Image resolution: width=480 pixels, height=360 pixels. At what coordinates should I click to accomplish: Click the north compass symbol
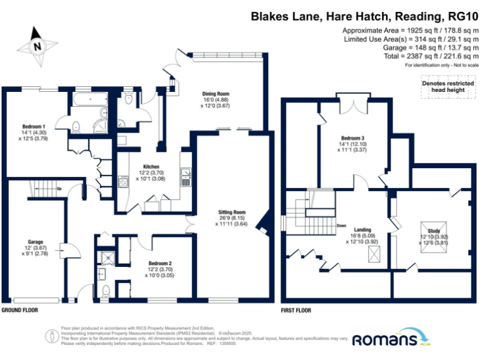pyautogui.click(x=37, y=44)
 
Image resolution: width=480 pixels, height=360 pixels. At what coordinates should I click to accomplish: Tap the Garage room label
pyautogui.click(x=35, y=241)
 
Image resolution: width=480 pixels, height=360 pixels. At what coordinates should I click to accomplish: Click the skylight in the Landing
pyautogui.click(x=376, y=254)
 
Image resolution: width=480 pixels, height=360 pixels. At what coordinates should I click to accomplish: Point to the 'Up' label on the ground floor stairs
pyautogui.click(x=59, y=188)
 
